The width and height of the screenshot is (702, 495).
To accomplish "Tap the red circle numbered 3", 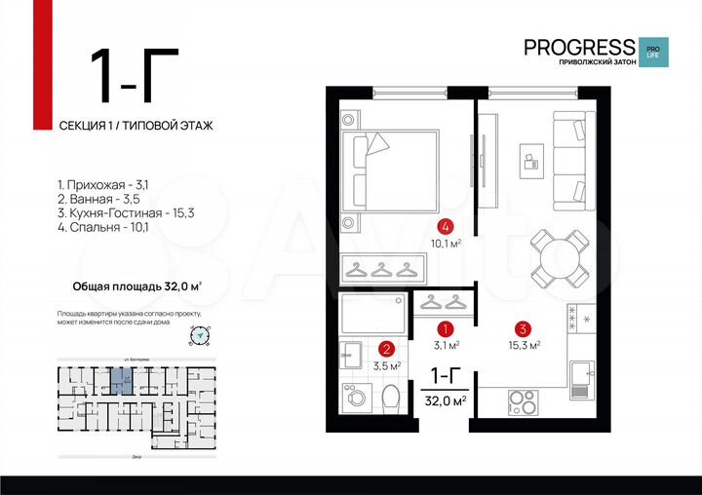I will (523, 328).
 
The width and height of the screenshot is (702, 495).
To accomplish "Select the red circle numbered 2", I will (386, 349).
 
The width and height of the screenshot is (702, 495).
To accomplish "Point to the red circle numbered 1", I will (447, 329).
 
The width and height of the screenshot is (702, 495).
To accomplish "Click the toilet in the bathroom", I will (391, 399).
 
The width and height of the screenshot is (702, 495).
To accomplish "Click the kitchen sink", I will (581, 375).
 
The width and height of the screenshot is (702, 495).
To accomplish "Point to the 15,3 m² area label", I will (524, 344).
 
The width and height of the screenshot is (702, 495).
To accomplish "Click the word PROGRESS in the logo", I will (578, 47).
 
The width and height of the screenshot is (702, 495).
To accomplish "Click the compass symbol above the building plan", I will (199, 335).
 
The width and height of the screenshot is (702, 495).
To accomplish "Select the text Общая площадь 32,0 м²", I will (137, 286).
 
